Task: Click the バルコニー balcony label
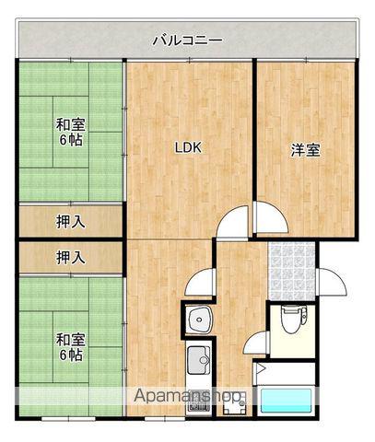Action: point(187,41)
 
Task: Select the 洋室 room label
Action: point(307,148)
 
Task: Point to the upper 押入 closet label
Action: point(69,221)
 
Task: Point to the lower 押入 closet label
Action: point(69,258)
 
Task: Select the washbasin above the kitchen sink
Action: point(199,320)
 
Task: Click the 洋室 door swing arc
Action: point(271,218)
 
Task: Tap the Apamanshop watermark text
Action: point(189,398)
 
